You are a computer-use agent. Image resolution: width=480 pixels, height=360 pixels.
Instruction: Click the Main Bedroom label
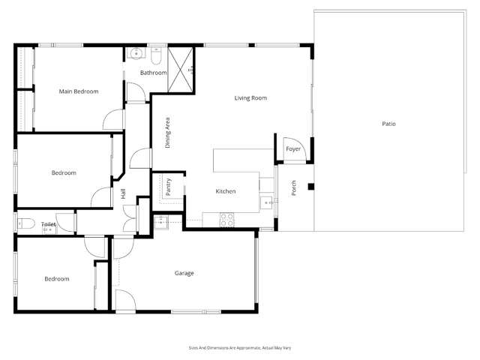pyautogui.click(x=79, y=91)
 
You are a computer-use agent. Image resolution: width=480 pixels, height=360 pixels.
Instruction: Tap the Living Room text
pyautogui.click(x=250, y=98)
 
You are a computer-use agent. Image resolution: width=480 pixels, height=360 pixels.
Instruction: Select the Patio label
pyautogui.click(x=388, y=123)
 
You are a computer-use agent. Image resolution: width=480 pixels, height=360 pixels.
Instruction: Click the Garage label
pyautogui.click(x=184, y=273)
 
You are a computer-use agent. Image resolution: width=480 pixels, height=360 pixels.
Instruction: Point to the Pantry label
pyautogui.click(x=169, y=187)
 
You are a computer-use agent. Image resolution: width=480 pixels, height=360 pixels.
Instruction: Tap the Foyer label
pyautogui.click(x=292, y=149)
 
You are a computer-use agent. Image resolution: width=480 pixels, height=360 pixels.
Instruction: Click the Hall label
pyautogui.click(x=123, y=194)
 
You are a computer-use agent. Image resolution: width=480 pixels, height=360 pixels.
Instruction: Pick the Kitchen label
pyautogui.click(x=226, y=191)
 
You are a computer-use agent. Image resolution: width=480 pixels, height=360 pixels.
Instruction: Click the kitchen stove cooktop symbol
pyautogui.click(x=226, y=219)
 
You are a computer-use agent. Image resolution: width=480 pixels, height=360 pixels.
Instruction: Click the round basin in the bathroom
pyautogui.click(x=136, y=54)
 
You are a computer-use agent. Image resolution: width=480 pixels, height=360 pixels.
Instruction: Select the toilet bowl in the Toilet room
pyautogui.click(x=23, y=223)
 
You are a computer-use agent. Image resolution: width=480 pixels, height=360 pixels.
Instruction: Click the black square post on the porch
pyautogui.click(x=310, y=187)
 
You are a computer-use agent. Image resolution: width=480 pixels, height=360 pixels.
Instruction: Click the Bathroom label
pyautogui.click(x=153, y=73)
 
